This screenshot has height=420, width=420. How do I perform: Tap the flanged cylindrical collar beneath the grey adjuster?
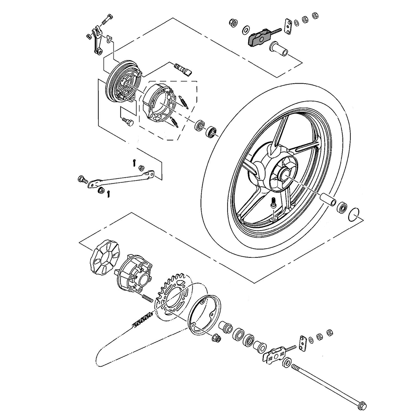[279, 49]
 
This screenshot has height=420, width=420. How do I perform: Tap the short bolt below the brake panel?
[128, 122]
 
